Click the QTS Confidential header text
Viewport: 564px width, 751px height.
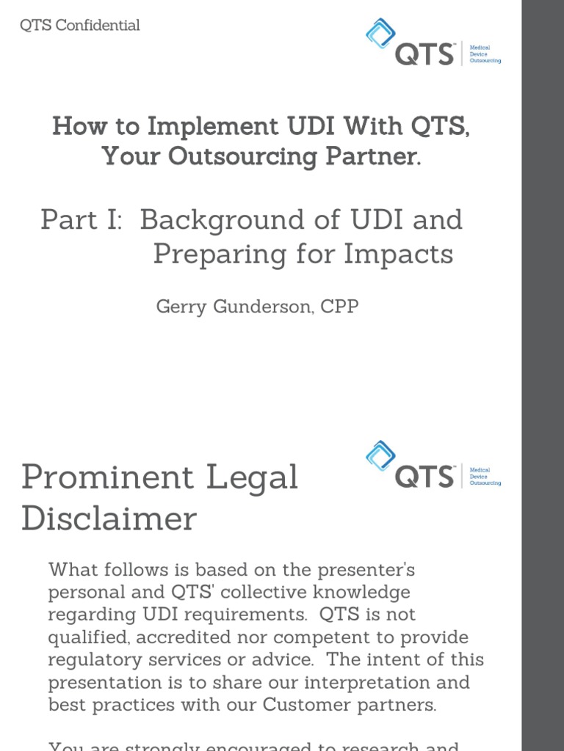(x=79, y=26)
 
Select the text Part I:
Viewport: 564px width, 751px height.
(x=82, y=219)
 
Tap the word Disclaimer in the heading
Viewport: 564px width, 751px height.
(x=109, y=519)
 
